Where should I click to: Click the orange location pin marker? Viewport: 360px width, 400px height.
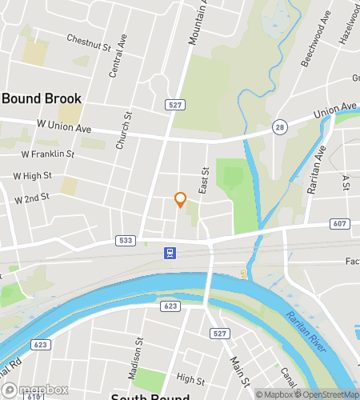click(x=180, y=200)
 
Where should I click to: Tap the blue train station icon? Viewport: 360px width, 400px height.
click(x=170, y=254)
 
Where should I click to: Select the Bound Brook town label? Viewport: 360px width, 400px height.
click(x=42, y=98)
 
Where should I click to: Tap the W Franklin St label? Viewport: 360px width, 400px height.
click(x=47, y=154)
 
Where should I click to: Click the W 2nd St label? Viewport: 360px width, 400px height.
click(x=31, y=197)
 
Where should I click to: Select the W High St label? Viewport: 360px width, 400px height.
click(x=33, y=175)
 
